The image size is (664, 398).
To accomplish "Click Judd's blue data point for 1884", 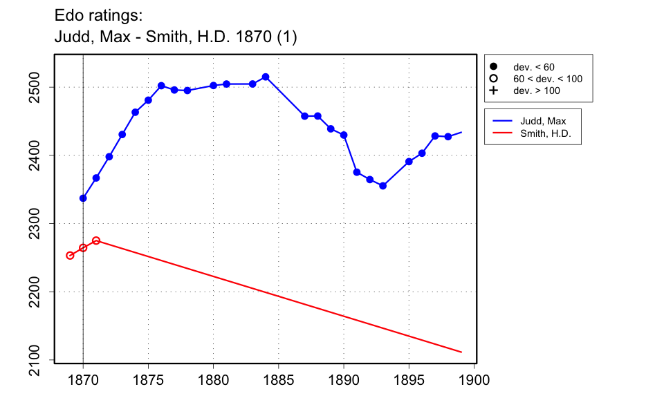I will click(266, 77).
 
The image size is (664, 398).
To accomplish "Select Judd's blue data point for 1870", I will click(83, 198).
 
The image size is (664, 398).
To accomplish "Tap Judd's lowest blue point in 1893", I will click(382, 186).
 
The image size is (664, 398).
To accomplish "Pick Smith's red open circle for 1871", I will click(96, 240).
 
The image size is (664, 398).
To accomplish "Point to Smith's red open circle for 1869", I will click(70, 256).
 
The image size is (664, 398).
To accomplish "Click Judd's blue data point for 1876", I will click(161, 86).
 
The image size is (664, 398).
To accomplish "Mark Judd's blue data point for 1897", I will click(435, 136).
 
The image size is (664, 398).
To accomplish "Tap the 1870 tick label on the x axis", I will click(83, 379).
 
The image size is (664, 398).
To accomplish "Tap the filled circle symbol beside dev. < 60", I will click(494, 67).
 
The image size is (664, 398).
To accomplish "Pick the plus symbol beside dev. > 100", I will click(494, 91).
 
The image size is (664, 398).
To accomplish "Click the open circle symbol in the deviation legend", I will click(494, 79).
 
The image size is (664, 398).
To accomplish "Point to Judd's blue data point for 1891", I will click(357, 172).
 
